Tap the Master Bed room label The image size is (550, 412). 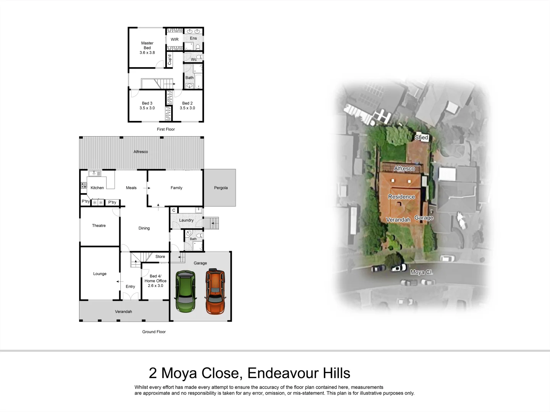pyautogui.click(x=147, y=48)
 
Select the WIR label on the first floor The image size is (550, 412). pyautogui.click(x=175, y=40)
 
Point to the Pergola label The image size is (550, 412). pyautogui.click(x=221, y=188)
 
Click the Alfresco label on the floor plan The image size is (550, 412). pyautogui.click(x=141, y=152)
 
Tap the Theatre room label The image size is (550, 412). pyautogui.click(x=99, y=225)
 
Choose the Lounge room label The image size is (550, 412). pyautogui.click(x=100, y=274)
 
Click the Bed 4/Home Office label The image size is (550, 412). pyautogui.click(x=155, y=281)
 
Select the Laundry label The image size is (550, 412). pyautogui.click(x=186, y=220)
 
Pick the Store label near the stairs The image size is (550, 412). pyautogui.click(x=160, y=257)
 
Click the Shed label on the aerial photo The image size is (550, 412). pyautogui.click(x=421, y=137)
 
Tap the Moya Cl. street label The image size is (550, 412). pyautogui.click(x=421, y=272)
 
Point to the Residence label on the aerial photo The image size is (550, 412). pyautogui.click(x=401, y=197)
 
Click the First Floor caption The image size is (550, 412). pyautogui.click(x=166, y=129)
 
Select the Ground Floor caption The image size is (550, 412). pyautogui.click(x=154, y=332)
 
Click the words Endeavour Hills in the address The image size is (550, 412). pyautogui.click(x=299, y=373)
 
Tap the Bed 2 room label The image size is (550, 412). pyautogui.click(x=187, y=106)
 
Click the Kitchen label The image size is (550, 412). pyautogui.click(x=97, y=188)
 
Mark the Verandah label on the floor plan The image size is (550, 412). pyautogui.click(x=123, y=312)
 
